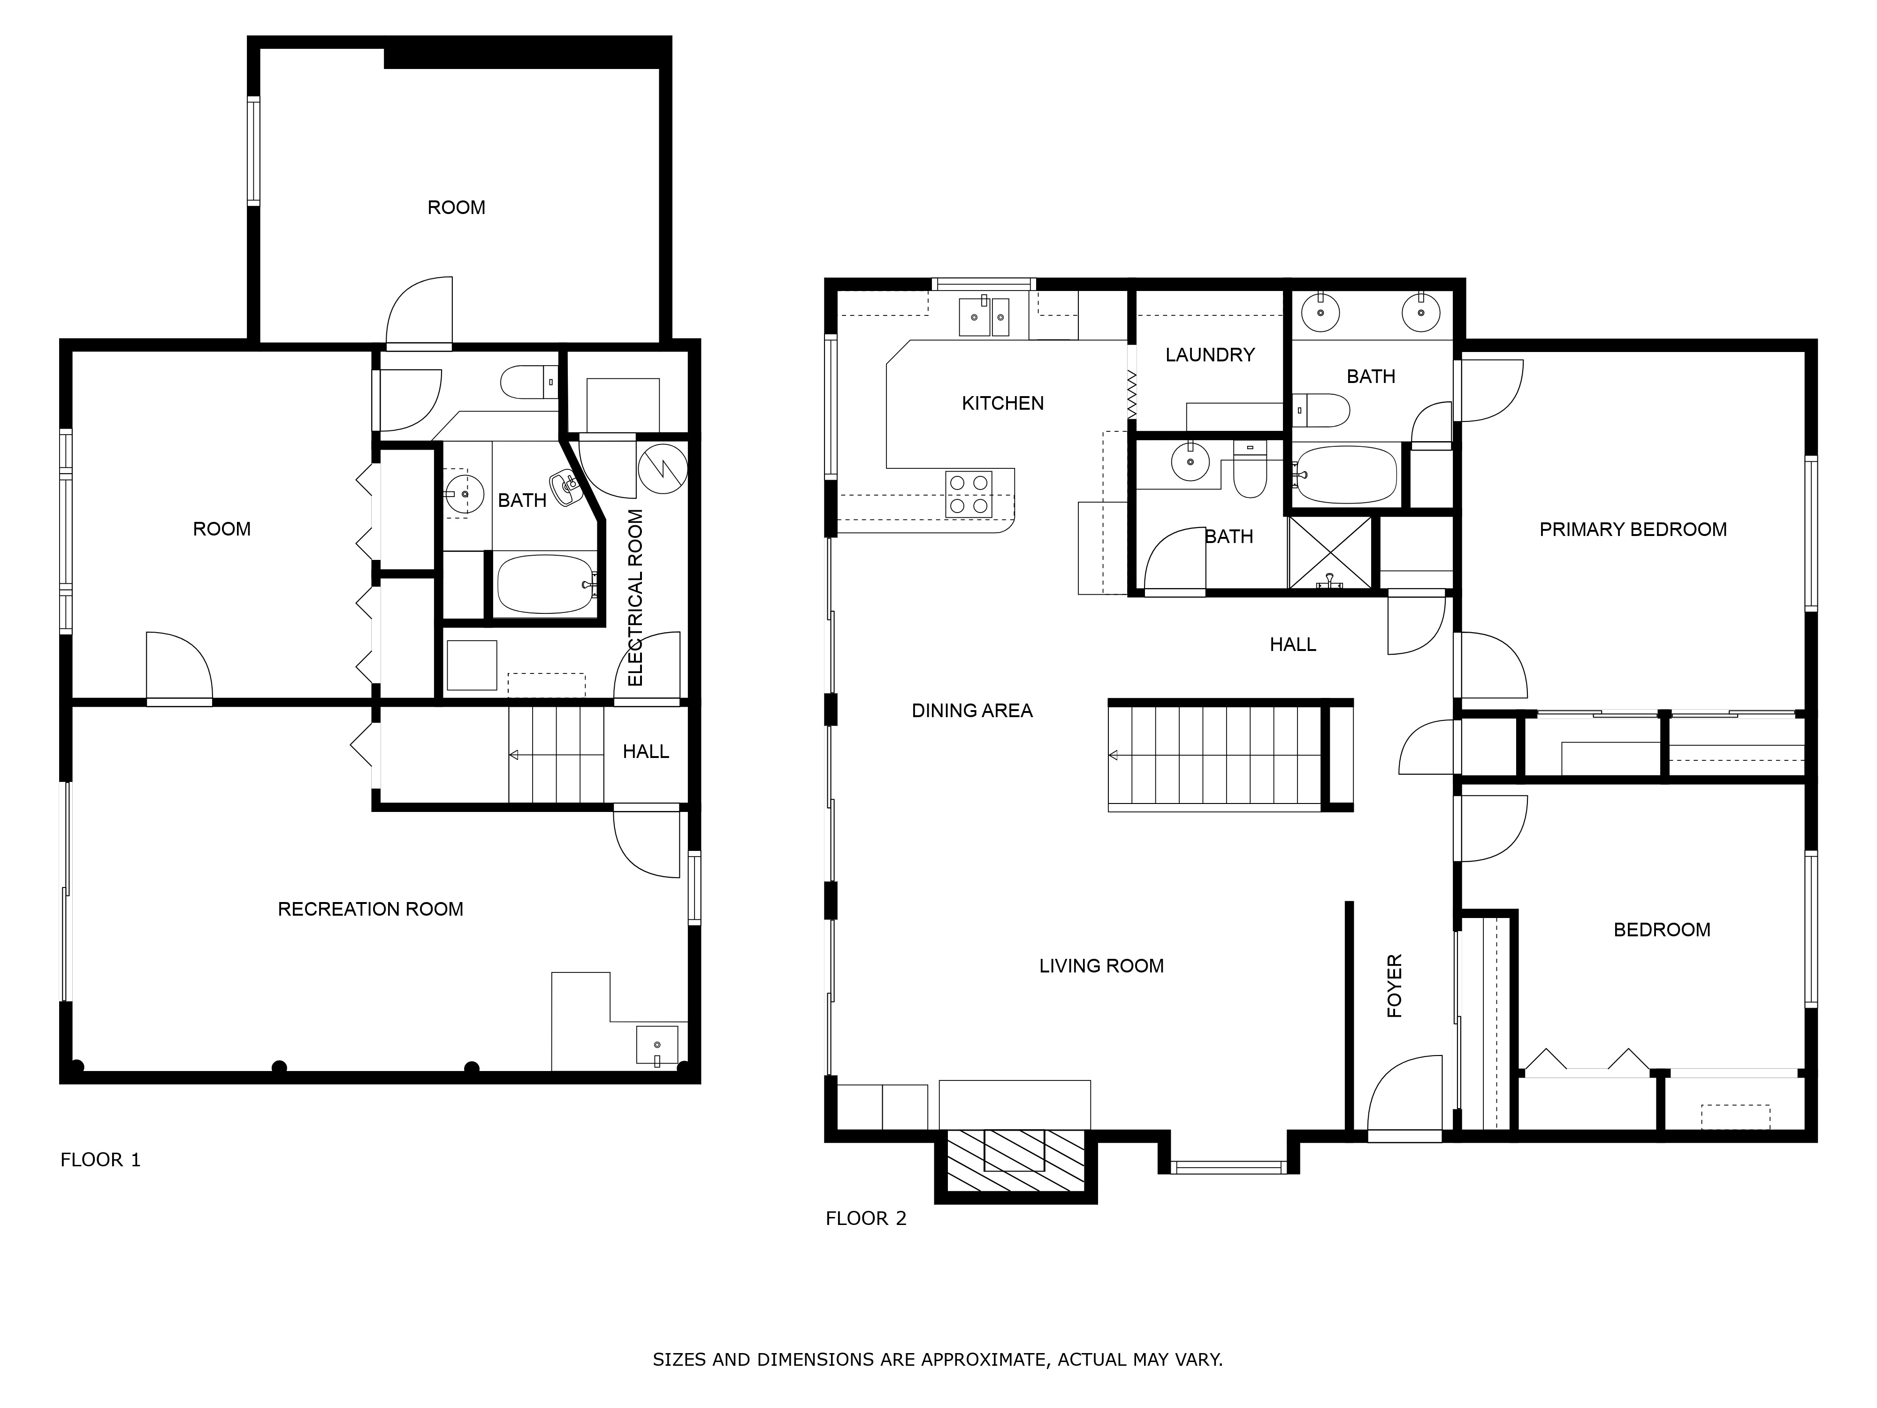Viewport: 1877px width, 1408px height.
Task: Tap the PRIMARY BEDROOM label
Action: tap(1633, 529)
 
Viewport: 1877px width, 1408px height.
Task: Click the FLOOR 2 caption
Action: tap(865, 1219)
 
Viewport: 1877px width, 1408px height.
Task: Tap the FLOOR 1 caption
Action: tap(100, 1160)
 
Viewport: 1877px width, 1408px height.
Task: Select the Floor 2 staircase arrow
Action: tap(1114, 755)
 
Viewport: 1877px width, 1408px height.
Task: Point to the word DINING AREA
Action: tap(972, 711)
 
